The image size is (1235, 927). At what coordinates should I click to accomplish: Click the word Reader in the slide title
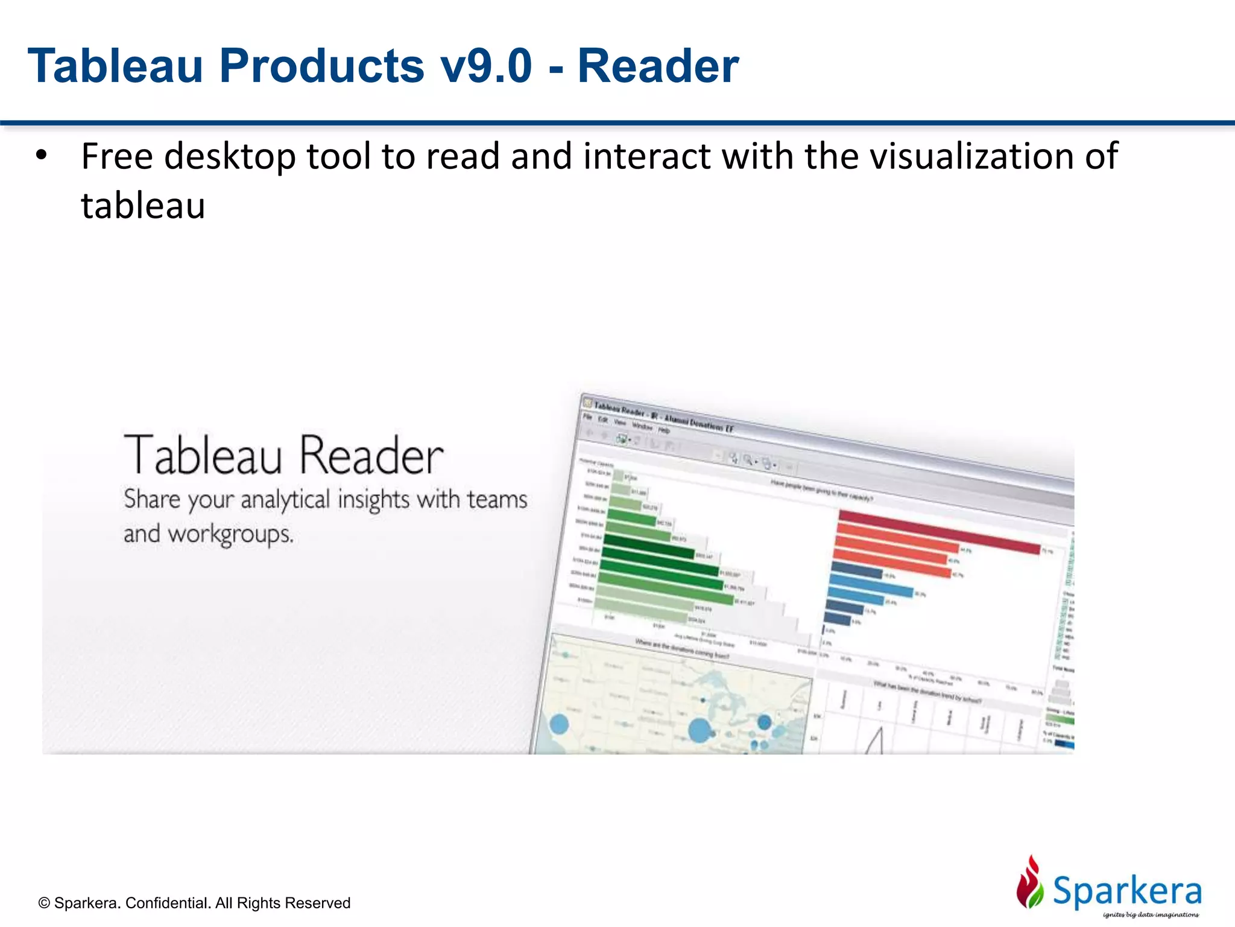point(658,66)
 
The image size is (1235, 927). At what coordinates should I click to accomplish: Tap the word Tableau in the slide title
point(115,66)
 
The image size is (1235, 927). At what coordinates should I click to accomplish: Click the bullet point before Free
point(41,156)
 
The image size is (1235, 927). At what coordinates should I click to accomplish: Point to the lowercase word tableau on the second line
point(143,206)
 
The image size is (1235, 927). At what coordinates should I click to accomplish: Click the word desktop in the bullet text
point(230,157)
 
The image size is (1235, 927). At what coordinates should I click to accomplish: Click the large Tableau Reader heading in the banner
point(283,456)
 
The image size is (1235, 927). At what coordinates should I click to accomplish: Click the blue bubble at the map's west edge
point(560,724)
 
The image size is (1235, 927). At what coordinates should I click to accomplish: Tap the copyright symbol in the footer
point(44,903)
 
